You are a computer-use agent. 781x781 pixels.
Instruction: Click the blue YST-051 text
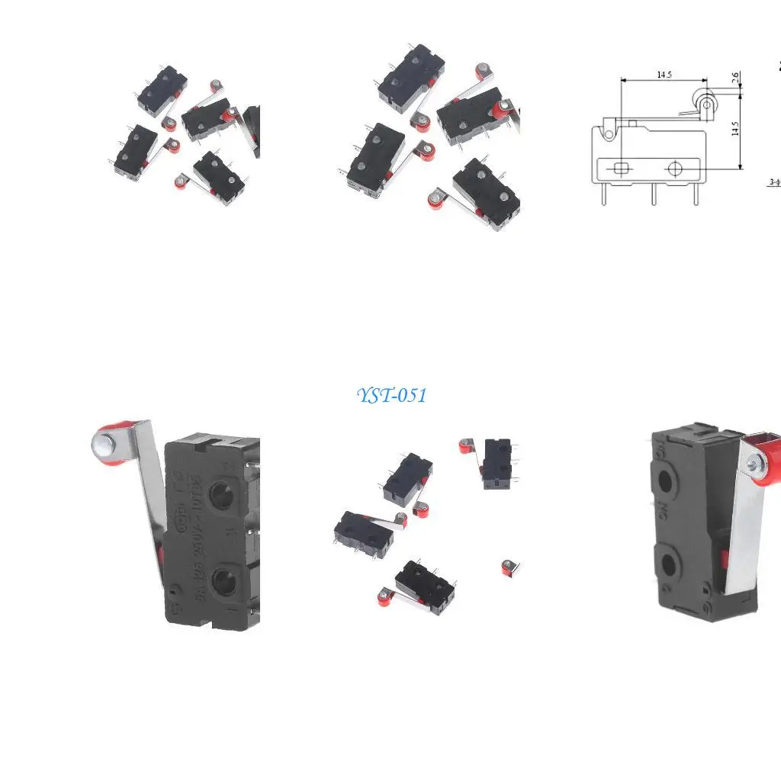[391, 395]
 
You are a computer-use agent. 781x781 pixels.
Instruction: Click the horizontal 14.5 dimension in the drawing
[664, 75]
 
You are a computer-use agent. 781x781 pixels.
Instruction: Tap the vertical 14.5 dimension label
[735, 128]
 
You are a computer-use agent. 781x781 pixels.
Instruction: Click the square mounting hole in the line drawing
[622, 168]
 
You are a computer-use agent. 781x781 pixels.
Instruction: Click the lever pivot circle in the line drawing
[608, 134]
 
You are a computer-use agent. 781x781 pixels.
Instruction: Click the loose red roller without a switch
[509, 566]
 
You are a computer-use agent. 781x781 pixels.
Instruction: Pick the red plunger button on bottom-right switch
[722, 562]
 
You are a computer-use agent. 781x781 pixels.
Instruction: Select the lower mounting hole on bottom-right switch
[670, 565]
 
